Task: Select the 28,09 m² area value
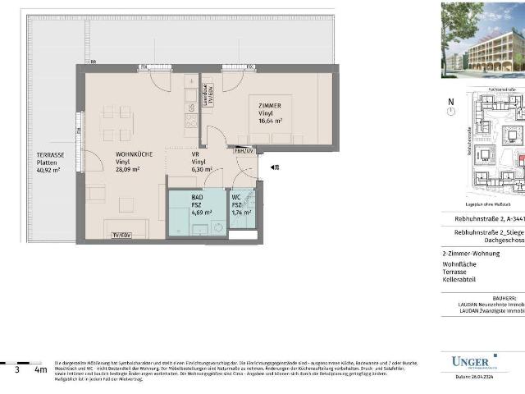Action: click(127, 170)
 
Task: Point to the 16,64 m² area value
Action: click(270, 121)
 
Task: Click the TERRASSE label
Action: click(50, 154)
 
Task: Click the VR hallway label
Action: click(196, 153)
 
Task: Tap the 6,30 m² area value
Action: click(201, 170)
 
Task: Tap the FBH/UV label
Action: click(243, 151)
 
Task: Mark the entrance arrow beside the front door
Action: click(275, 167)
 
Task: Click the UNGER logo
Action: click(474, 361)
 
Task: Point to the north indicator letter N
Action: click(450, 103)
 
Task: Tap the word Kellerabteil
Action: click(460, 282)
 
